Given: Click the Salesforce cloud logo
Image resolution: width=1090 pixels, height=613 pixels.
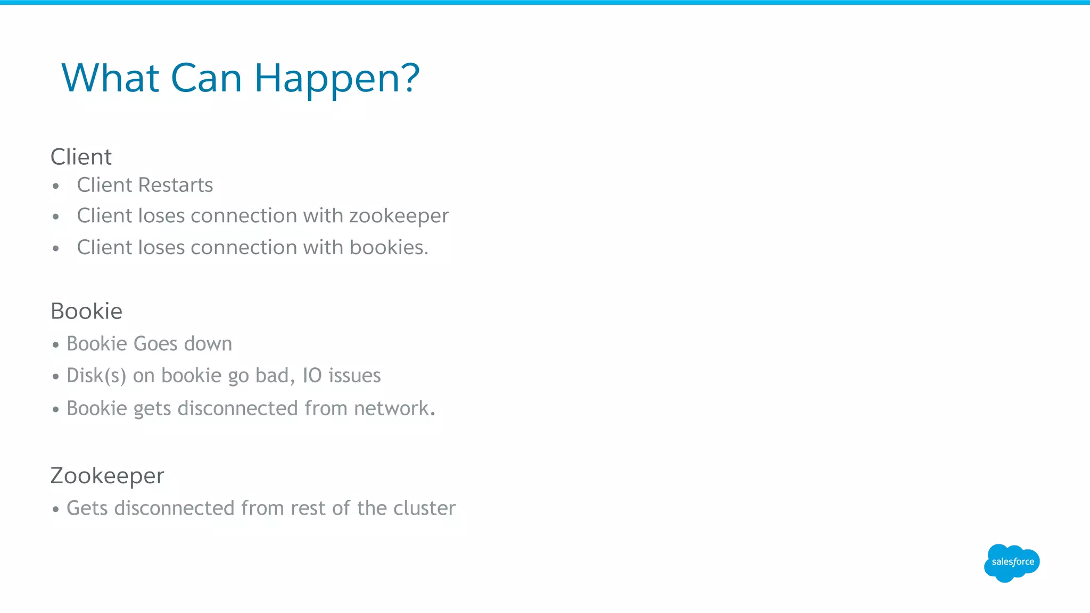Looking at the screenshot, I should point(1012,562).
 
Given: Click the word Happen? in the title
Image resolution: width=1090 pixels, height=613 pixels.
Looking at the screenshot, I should point(337,79).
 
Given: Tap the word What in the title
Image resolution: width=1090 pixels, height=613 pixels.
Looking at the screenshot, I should point(110,79).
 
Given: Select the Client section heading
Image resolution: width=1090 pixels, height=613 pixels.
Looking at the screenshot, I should point(81,157).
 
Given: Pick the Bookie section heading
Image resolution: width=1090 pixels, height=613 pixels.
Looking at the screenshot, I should point(86,311).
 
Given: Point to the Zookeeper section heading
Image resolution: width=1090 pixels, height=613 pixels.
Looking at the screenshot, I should point(107,476).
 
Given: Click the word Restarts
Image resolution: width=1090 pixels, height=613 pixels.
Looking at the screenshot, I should point(175,185).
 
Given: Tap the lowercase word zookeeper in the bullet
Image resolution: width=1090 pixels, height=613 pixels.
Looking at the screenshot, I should point(399,216).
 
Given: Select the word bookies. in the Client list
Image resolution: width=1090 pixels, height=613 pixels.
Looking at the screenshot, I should point(389,247).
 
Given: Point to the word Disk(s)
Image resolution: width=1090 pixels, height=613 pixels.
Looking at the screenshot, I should point(96,376).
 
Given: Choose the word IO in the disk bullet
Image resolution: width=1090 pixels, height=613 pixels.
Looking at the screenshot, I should point(312,376).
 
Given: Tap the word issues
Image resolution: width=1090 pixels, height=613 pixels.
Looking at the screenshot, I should point(354,376).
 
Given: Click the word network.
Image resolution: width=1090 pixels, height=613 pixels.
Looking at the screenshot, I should point(394,408).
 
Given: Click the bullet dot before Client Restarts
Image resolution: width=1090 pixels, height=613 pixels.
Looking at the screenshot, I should point(56,186).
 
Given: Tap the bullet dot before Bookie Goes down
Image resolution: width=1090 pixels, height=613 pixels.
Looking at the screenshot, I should point(56,345).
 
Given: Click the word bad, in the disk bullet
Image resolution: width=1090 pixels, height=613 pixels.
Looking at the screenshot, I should point(275,376).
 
